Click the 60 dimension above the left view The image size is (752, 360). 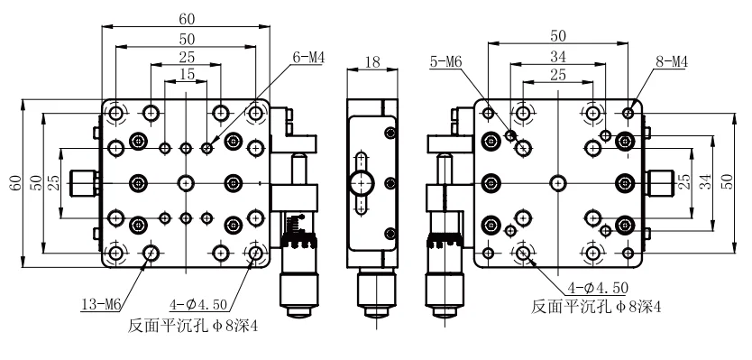[x=185, y=16]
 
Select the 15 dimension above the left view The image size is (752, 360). [x=186, y=72]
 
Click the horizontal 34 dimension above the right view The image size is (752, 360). [x=557, y=56]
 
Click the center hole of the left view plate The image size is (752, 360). [x=186, y=181]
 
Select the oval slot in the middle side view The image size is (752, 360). [x=363, y=182]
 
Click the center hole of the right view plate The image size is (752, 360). [x=558, y=181]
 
